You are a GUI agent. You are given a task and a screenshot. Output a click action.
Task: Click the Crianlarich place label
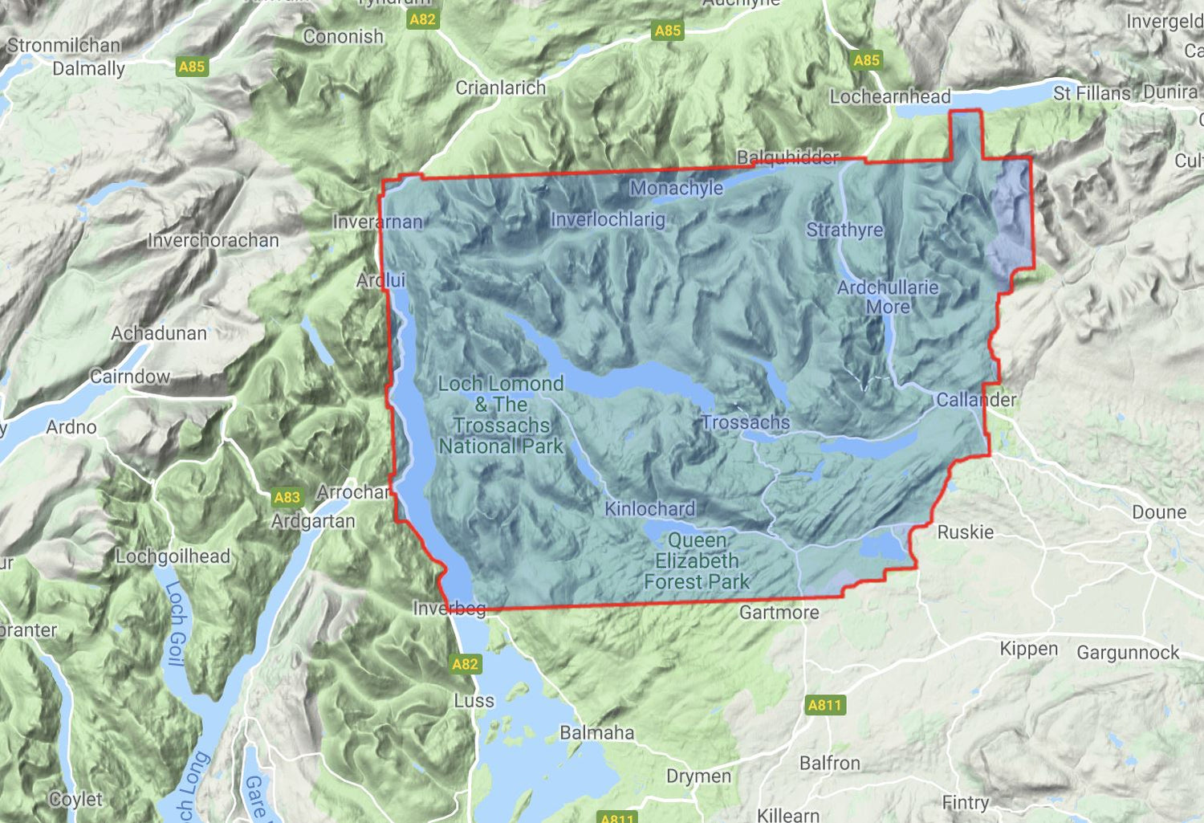(500, 88)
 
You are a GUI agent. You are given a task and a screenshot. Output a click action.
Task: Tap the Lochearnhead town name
(889, 97)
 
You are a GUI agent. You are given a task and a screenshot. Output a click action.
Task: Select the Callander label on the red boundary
(976, 400)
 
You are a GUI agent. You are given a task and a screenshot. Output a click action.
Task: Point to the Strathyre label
(844, 230)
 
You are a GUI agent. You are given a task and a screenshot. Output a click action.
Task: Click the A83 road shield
(287, 497)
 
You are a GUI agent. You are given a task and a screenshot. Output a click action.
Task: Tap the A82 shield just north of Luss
(465, 664)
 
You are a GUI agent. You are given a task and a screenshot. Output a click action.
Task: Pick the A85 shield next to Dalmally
(192, 67)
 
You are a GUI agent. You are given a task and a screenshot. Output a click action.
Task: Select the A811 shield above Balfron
(824, 705)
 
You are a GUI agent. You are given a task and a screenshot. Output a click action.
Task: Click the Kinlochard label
(649, 509)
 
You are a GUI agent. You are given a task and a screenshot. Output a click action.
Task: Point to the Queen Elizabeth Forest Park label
(696, 561)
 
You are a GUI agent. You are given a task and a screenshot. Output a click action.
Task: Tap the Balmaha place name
(596, 733)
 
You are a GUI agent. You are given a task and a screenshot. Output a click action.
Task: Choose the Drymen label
(698, 776)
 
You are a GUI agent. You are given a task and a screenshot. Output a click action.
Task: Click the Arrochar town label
(353, 492)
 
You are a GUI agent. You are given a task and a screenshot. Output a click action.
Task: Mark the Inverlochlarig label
(608, 220)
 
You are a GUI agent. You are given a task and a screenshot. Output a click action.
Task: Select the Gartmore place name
(779, 613)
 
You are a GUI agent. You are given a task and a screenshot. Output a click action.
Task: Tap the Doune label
(1158, 512)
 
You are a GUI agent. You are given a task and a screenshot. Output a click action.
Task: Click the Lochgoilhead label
(173, 556)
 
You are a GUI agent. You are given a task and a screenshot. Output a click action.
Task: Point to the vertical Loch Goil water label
(176, 624)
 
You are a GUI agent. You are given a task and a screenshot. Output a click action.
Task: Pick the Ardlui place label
(380, 281)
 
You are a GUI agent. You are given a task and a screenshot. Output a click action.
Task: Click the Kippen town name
(1028, 649)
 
